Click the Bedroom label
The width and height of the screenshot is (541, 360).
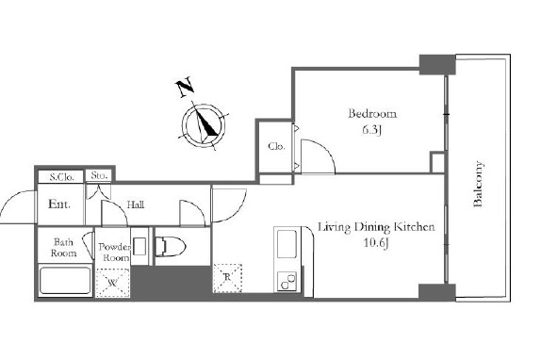pyautogui.click(x=372, y=114)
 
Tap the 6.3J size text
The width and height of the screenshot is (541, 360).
pyautogui.click(x=372, y=130)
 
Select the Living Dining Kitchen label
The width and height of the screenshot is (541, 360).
pyautogui.click(x=376, y=227)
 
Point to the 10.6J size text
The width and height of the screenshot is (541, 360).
pyautogui.click(x=376, y=243)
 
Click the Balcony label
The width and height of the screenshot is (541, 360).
pyautogui.click(x=478, y=184)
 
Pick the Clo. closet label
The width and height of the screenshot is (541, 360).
pyautogui.click(x=276, y=146)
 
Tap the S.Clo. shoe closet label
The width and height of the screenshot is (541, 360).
pyautogui.click(x=62, y=177)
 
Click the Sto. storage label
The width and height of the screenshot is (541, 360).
pyautogui.click(x=99, y=175)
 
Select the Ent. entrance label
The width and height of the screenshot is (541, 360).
pyautogui.click(x=59, y=204)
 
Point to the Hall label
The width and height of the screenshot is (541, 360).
pyautogui.click(x=136, y=205)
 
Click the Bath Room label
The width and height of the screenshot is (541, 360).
pyautogui.click(x=64, y=248)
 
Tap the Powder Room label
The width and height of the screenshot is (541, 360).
pyautogui.click(x=114, y=252)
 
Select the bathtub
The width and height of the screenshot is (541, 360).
pyautogui.click(x=65, y=281)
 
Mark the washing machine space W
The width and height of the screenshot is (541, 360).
pyautogui.click(x=112, y=283)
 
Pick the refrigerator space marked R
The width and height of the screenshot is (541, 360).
pyautogui.click(x=228, y=278)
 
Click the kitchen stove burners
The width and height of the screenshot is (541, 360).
pyautogui.click(x=287, y=281)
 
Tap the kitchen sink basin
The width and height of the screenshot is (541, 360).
pyautogui.click(x=287, y=244)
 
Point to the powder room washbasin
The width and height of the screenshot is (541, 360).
pyautogui.click(x=139, y=246)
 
